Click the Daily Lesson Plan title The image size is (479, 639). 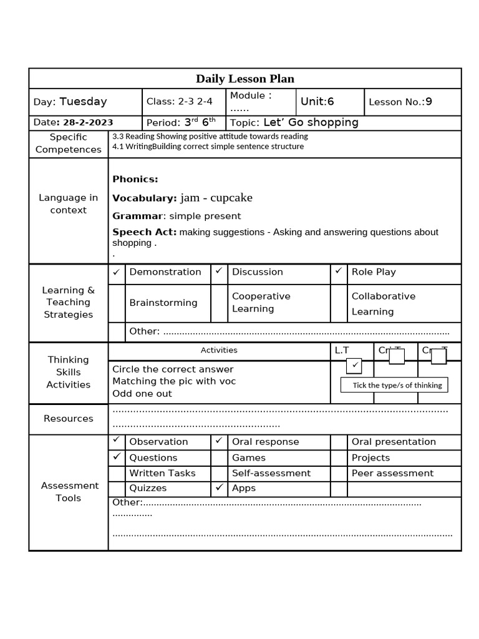click(x=244, y=79)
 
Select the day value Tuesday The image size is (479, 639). click(x=83, y=102)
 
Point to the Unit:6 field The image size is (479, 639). click(x=317, y=102)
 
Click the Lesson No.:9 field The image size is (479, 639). click(x=400, y=102)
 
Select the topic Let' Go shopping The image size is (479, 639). click(x=311, y=122)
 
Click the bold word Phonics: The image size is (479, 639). click(x=135, y=179)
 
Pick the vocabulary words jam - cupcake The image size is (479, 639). click(x=216, y=198)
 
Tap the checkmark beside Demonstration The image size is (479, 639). click(x=116, y=272)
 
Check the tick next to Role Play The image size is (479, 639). click(x=338, y=271)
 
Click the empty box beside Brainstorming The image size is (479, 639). click(x=117, y=303)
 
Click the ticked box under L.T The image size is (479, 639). click(x=354, y=365)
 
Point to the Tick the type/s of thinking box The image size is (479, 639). click(x=394, y=385)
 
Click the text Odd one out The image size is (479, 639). click(x=142, y=394)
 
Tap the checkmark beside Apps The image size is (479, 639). click(x=219, y=488)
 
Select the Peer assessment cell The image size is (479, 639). click(x=392, y=473)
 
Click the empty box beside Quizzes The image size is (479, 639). click(x=117, y=489)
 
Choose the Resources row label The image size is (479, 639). click(x=69, y=419)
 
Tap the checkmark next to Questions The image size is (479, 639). click(x=117, y=457)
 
